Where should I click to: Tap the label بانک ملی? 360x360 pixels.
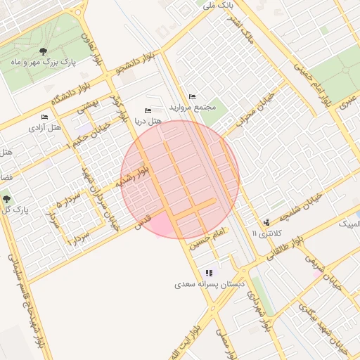coord(217,6)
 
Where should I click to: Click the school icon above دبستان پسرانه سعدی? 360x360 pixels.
coord(209,273)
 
